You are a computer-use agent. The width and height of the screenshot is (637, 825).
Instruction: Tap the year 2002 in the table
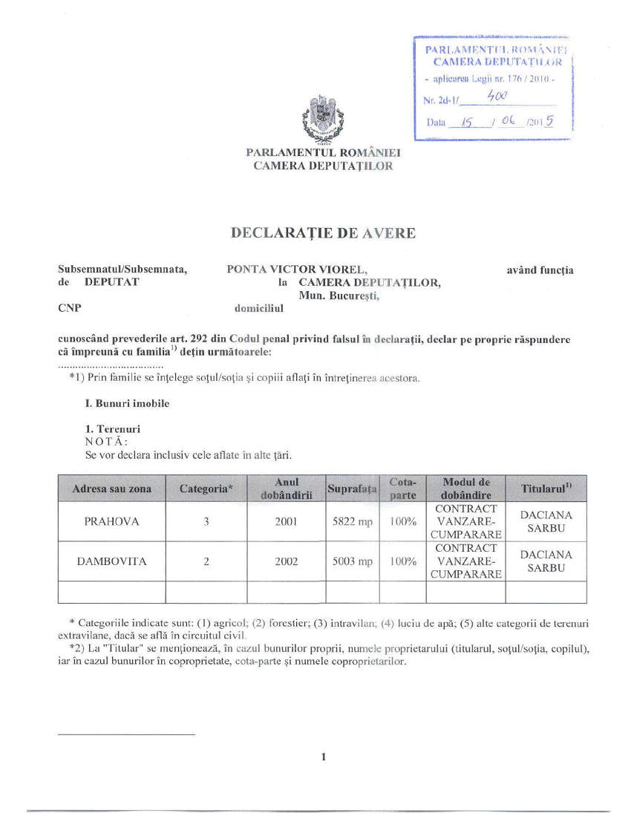[287, 562]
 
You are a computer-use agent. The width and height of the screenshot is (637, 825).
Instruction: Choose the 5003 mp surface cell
[353, 562]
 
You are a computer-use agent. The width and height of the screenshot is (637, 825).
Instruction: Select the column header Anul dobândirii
[287, 489]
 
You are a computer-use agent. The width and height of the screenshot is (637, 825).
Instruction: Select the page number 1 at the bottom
[324, 757]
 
